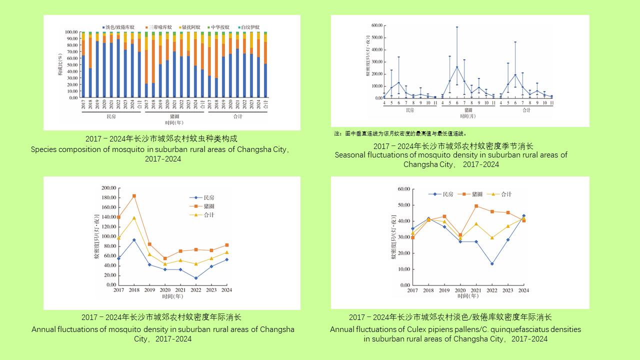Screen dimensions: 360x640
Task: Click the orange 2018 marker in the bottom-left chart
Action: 134,196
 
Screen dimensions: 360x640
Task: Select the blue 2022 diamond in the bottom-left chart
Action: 196,278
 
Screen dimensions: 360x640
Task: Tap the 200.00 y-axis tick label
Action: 108,188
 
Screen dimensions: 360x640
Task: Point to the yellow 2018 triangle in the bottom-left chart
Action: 134,218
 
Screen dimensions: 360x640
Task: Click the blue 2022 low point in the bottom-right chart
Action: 492,263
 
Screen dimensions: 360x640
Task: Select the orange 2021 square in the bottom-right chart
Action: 476,206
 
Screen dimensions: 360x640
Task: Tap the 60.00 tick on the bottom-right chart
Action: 402,189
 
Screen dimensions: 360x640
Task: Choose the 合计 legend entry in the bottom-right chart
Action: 506,194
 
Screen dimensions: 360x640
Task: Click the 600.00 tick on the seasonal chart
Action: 375,25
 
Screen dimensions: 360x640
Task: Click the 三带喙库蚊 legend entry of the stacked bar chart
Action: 159,27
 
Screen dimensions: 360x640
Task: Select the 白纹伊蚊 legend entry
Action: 250,27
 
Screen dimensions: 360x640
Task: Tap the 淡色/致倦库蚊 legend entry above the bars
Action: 119,27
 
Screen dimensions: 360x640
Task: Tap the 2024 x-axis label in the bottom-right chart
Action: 523,290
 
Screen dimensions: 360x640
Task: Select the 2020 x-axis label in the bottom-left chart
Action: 165,290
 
